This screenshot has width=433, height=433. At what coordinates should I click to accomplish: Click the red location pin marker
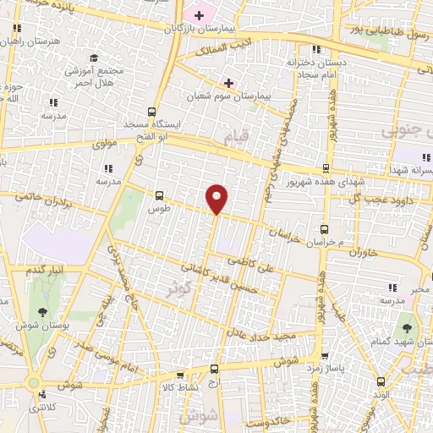pyautogui.click(x=217, y=198)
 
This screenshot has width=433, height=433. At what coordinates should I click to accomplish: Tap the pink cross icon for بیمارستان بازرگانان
pyautogui.click(x=199, y=15)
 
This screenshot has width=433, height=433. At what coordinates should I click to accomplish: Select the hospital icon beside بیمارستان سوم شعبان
pyautogui.click(x=227, y=82)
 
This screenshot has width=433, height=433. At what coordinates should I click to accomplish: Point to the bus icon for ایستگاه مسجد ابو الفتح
pyautogui.click(x=151, y=111)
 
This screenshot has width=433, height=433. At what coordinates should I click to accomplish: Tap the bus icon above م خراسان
pyautogui.click(x=325, y=228)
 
